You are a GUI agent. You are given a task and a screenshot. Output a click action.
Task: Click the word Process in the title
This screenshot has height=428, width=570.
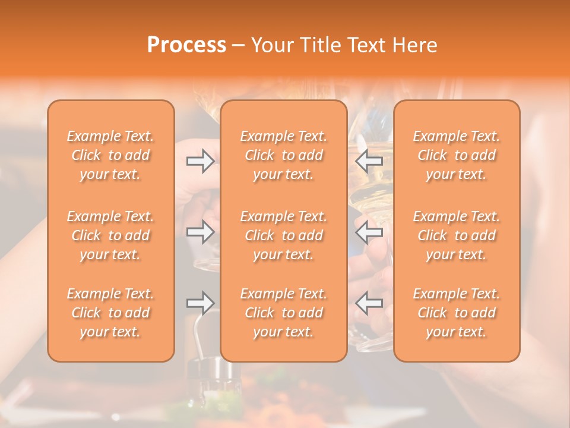pyautogui.click(x=186, y=45)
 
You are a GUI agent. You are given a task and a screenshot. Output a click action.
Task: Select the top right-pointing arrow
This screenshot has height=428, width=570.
pyautogui.click(x=200, y=161)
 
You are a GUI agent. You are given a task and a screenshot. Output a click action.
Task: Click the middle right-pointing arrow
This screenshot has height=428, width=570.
pyautogui.click(x=200, y=232)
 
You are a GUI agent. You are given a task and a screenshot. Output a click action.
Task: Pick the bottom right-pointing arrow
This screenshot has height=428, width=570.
pyautogui.click(x=200, y=303)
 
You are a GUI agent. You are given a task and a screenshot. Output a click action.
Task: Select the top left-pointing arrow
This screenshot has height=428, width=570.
pyautogui.click(x=369, y=161)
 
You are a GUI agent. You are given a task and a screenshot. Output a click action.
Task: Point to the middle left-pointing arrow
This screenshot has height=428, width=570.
pyautogui.click(x=369, y=232)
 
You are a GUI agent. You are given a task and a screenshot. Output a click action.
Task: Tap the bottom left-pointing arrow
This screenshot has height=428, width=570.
pyautogui.click(x=369, y=303)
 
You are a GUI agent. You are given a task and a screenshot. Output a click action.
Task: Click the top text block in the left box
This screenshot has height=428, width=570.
pyautogui.click(x=110, y=155)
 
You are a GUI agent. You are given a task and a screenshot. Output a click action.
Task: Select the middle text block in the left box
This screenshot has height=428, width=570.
pyautogui.click(x=110, y=235)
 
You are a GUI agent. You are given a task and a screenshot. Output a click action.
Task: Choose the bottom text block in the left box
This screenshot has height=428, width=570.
pyautogui.click(x=110, y=313)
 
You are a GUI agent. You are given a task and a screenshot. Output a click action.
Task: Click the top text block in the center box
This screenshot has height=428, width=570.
pyautogui.click(x=284, y=155)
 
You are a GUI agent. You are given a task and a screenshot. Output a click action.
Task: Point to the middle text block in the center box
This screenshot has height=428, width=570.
pyautogui.click(x=284, y=235)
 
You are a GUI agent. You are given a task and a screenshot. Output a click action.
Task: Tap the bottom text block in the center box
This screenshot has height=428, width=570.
pyautogui.click(x=284, y=313)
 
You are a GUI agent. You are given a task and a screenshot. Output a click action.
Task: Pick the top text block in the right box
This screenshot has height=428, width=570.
pyautogui.click(x=457, y=155)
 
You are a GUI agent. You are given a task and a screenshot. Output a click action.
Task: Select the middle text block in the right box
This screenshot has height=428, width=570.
pyautogui.click(x=457, y=235)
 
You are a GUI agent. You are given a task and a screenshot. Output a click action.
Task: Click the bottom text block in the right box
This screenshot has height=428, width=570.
pyautogui.click(x=457, y=313)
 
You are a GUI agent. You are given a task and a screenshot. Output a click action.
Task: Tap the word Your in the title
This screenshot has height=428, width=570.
pyautogui.click(x=271, y=45)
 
